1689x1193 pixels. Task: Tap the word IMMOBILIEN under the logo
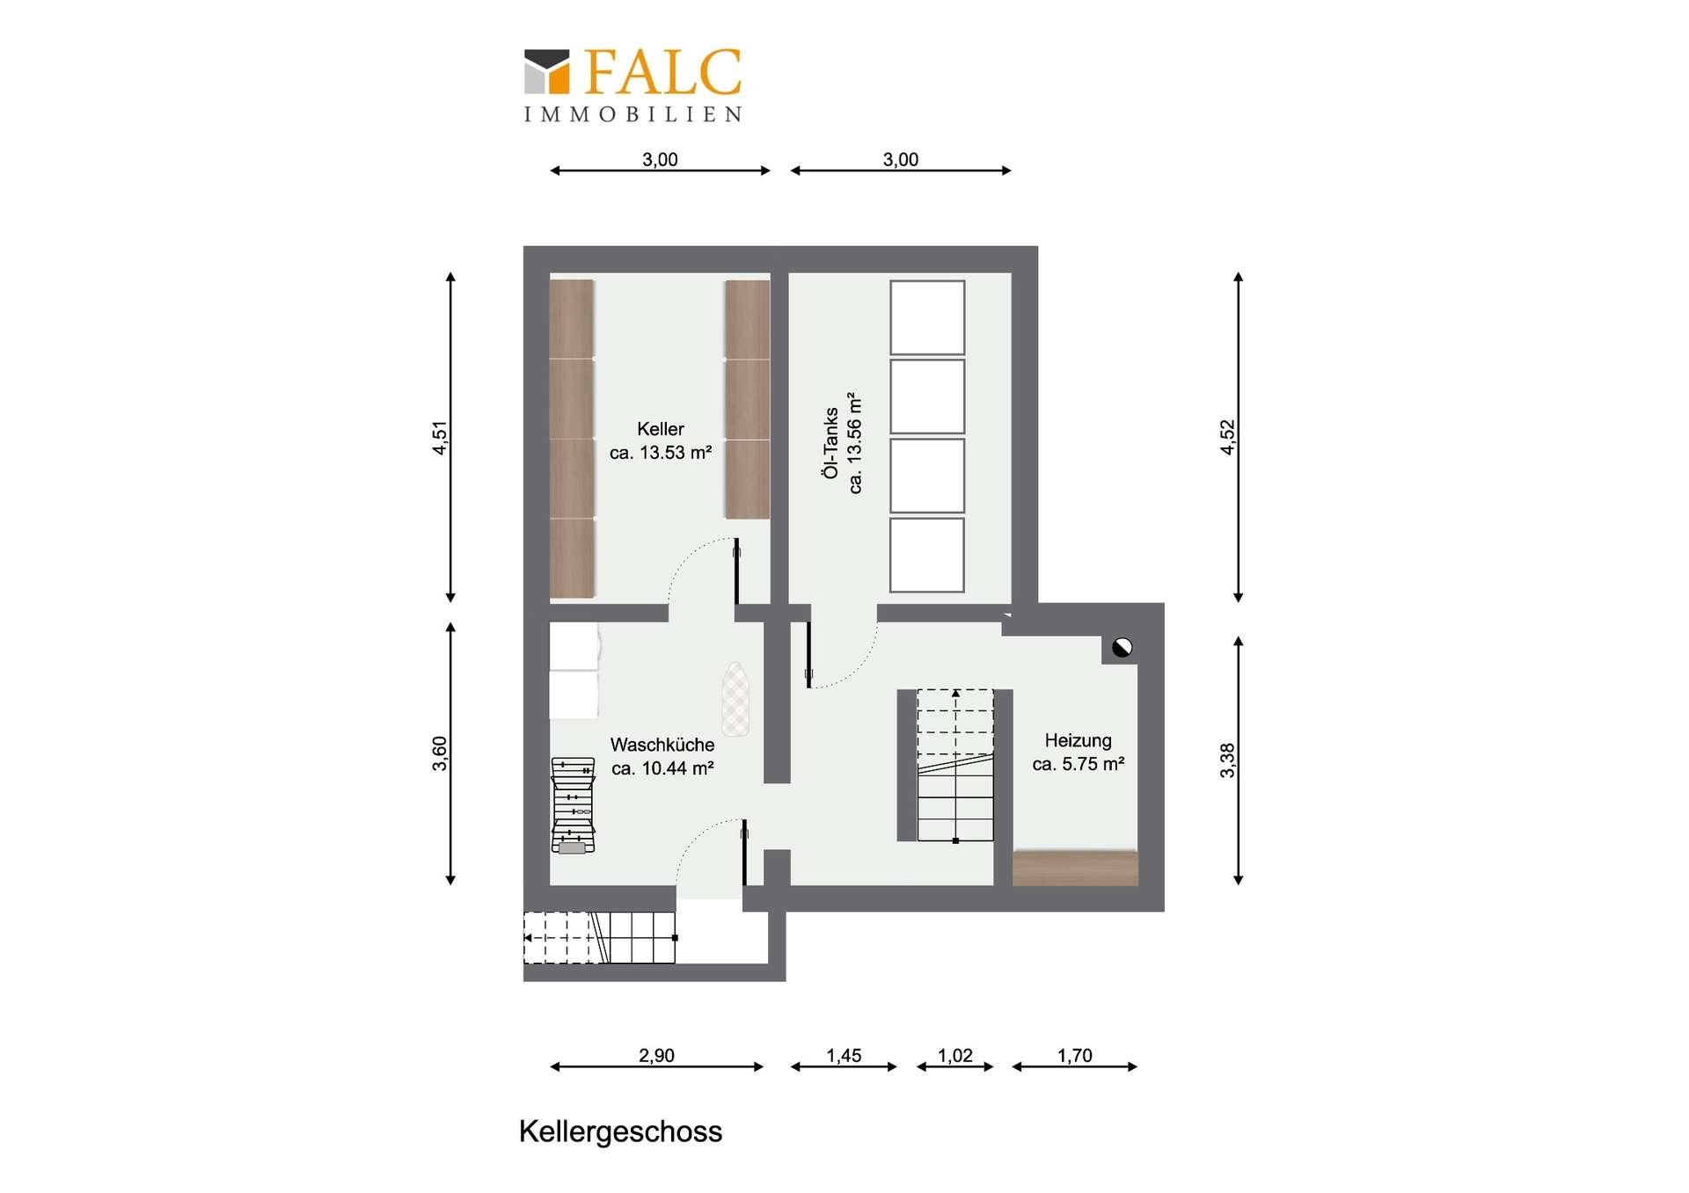tap(633, 114)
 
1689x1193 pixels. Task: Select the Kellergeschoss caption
tap(620, 1131)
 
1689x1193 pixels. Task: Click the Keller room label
tap(661, 429)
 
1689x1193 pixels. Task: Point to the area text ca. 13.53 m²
tap(661, 453)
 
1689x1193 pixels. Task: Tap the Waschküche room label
tap(662, 745)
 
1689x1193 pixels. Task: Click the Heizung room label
tap(1078, 740)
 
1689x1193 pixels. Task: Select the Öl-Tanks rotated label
tap(830, 443)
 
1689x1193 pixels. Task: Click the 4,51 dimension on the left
tap(440, 438)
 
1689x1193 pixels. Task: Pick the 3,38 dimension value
tap(1227, 760)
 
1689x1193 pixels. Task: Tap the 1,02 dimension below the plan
tap(955, 1055)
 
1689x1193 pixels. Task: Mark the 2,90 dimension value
tap(656, 1055)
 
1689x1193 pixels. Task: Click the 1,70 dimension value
tap(1074, 1055)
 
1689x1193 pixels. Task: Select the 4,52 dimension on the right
tap(1227, 438)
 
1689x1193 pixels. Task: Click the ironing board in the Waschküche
tap(735, 699)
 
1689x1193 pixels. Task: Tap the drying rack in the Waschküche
tap(573, 805)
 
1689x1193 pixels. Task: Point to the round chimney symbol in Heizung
tap(1122, 648)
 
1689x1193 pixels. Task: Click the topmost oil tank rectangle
tap(927, 317)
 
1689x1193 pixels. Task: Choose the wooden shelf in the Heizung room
tap(1075, 868)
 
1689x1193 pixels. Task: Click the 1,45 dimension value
tap(844, 1055)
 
